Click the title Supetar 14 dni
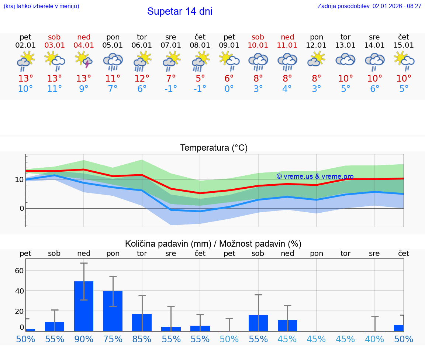(180, 11)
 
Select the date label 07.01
(171, 45)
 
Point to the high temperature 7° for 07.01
(171, 79)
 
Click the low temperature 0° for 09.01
(229, 89)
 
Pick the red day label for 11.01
(287, 37)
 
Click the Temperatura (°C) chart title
(214, 148)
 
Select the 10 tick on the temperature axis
(19, 180)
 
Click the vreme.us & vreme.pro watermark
(315, 176)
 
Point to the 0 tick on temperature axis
(21, 209)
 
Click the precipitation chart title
(213, 244)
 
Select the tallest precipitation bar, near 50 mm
(84, 306)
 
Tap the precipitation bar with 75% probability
(113, 311)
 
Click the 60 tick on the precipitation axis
(19, 271)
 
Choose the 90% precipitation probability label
(84, 339)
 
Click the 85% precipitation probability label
(142, 339)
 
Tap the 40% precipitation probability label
(374, 339)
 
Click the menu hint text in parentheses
(41, 6)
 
